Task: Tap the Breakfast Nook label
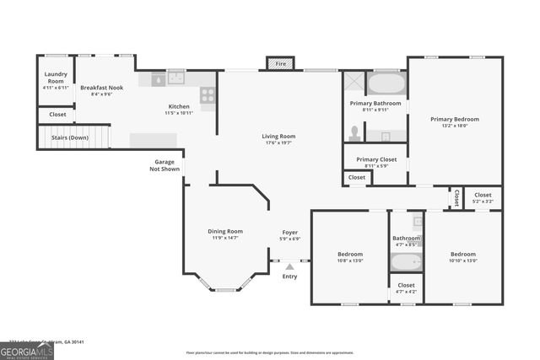[x=101, y=87]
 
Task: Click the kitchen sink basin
[x=176, y=78]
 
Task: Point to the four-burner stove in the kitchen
[x=208, y=94]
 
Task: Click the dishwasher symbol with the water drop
[x=158, y=79]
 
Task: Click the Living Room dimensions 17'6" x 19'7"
[x=278, y=142]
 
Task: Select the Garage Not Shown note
[x=165, y=165]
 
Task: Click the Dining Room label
[x=225, y=231]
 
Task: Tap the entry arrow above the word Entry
[x=289, y=266]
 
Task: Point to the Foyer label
[x=289, y=232]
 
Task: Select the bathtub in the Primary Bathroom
[x=388, y=84]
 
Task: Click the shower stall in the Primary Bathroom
[x=353, y=83]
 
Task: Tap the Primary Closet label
[x=375, y=159]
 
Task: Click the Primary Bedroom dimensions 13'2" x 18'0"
[x=455, y=126]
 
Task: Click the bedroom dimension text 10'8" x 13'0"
[x=350, y=261]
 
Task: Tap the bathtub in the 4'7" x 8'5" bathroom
[x=406, y=261]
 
